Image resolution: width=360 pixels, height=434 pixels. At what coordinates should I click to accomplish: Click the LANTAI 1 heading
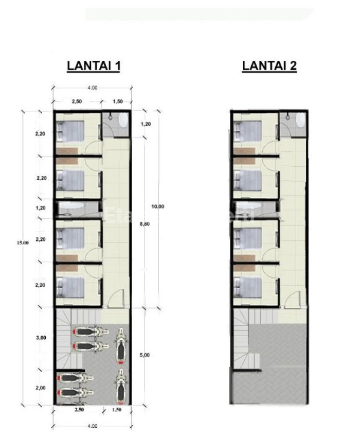tap(93, 66)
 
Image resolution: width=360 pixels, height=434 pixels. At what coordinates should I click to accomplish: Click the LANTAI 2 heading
tap(269, 66)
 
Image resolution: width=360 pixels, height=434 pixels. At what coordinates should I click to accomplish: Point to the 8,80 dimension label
tap(145, 225)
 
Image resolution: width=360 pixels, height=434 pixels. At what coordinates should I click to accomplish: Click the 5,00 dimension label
tap(145, 355)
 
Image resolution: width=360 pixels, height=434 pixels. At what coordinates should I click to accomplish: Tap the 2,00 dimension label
tap(41, 388)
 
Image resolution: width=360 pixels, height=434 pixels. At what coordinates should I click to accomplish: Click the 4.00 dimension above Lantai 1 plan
tap(93, 88)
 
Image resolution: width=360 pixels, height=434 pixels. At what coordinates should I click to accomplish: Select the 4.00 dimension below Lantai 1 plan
tap(93, 425)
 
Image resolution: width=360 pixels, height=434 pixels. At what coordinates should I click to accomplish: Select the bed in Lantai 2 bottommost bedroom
tap(246, 285)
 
